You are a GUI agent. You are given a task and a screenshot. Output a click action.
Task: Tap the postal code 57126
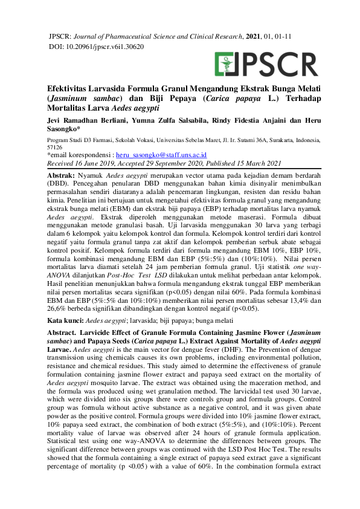coord(56,147)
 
